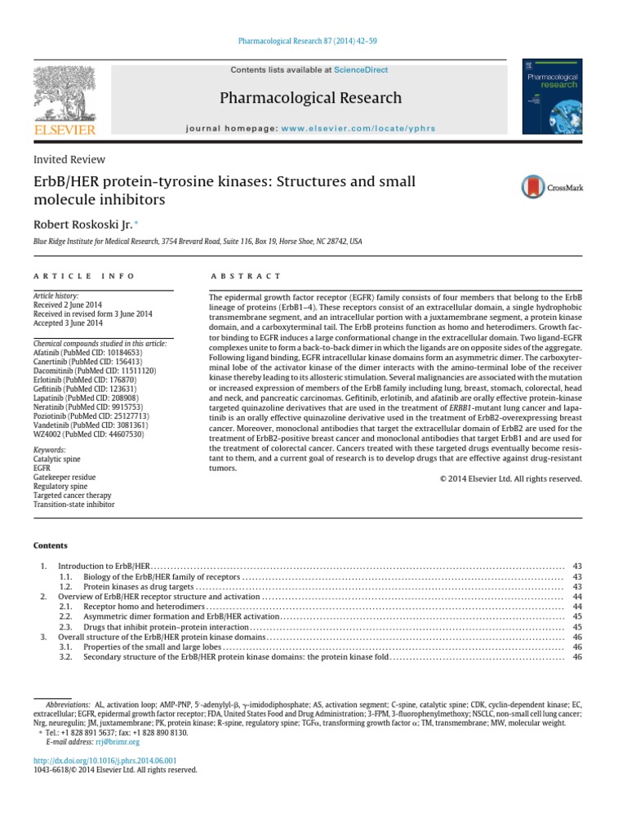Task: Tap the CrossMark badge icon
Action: [558, 187]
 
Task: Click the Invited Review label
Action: [69, 160]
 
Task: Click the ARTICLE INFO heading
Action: [83, 277]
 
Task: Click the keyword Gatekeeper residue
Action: [64, 477]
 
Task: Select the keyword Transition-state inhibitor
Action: [73, 505]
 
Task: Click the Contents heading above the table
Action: [51, 545]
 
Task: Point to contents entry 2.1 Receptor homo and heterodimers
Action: [143, 607]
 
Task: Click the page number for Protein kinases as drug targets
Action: [576, 587]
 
